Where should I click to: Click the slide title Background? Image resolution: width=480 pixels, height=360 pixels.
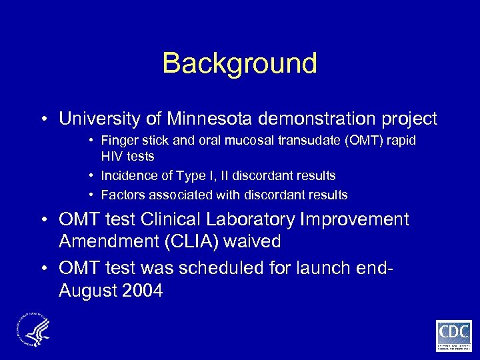pyautogui.click(x=239, y=64)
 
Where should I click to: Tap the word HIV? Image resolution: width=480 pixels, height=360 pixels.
pyautogui.click(x=112, y=156)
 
